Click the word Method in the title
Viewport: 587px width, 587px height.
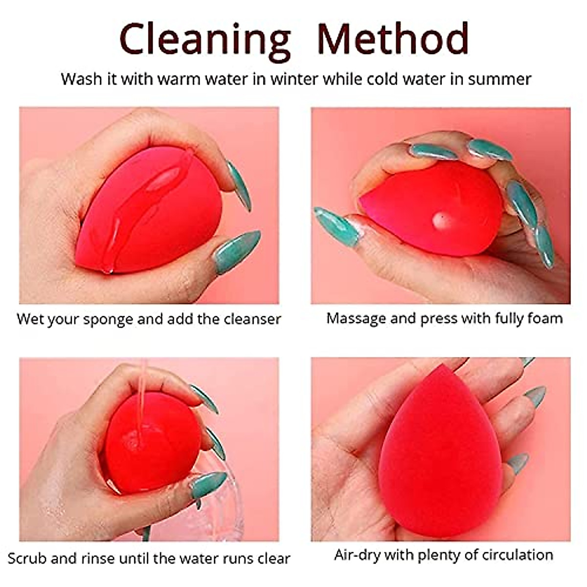click(393, 38)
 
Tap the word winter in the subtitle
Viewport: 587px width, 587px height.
click(294, 79)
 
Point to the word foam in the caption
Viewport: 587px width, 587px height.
click(544, 318)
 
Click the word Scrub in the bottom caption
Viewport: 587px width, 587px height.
click(28, 558)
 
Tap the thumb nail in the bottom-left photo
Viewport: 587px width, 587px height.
click(208, 484)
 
